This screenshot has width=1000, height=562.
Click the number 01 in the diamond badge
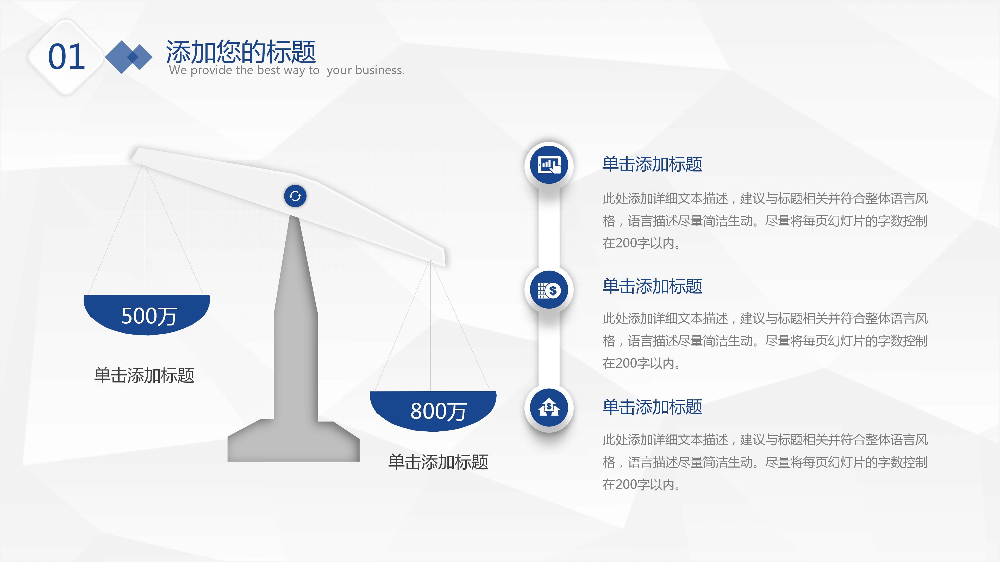[x=66, y=57]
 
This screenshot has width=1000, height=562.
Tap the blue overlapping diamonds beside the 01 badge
[x=128, y=57]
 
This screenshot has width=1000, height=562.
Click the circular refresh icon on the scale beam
[x=295, y=196]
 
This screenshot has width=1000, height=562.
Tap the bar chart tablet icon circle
[x=549, y=165]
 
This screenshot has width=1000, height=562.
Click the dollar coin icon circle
[x=549, y=290]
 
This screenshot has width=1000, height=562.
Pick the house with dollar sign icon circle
[x=549, y=408]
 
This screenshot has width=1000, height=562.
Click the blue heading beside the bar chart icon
[x=652, y=164]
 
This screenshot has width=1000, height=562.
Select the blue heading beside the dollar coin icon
[x=652, y=286]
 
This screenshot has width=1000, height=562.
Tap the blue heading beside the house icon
[x=652, y=407]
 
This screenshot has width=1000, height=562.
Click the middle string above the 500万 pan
[x=144, y=229]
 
